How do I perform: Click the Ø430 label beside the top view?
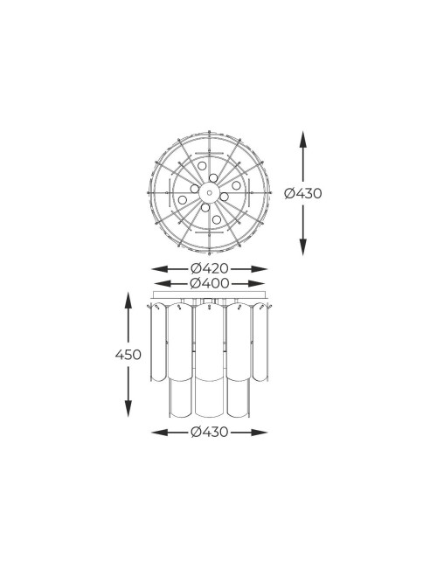(303, 193)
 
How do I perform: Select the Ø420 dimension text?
(210, 269)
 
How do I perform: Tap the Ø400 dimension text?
(210, 283)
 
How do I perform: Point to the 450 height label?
(128, 354)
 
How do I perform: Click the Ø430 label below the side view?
(210, 432)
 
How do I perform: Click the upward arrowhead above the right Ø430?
(303, 139)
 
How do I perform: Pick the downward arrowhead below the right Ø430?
(303, 247)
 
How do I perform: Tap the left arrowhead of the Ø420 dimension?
(159, 269)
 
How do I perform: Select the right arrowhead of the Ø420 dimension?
(260, 269)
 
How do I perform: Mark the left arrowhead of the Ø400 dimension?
(163, 283)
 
